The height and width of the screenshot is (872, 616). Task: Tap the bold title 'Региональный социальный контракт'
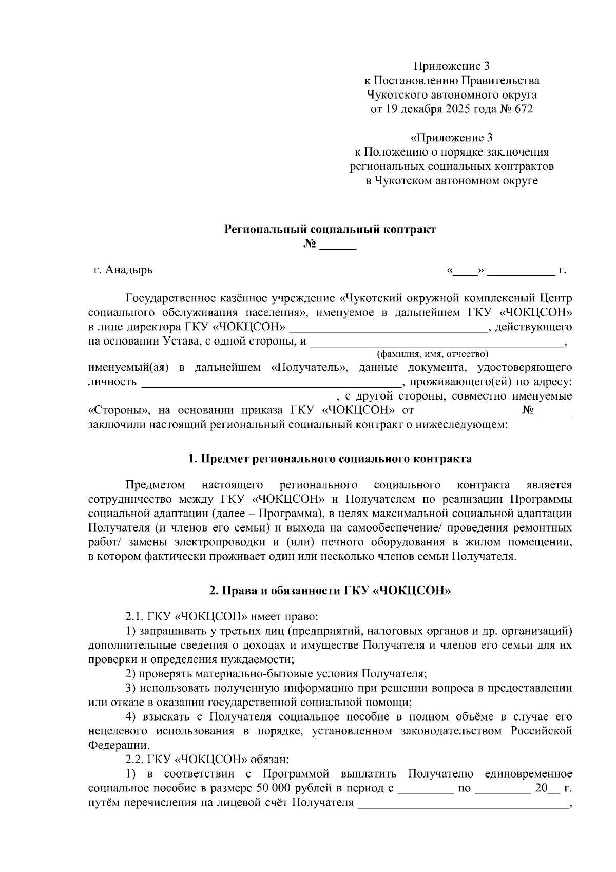click(330, 229)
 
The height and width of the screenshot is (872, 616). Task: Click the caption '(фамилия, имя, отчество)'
click(432, 354)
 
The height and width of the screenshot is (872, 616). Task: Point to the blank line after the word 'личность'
click(271, 382)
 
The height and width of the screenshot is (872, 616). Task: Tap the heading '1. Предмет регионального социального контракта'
click(330, 459)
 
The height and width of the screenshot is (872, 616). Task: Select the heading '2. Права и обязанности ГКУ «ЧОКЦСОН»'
click(330, 591)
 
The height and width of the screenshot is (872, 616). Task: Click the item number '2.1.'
click(135, 615)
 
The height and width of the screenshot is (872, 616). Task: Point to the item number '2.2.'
click(135, 759)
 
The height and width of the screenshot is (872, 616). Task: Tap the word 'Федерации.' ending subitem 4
click(120, 745)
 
